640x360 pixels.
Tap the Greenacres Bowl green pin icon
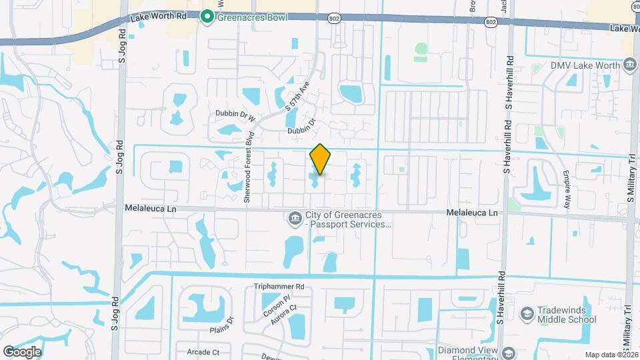[x=207, y=17]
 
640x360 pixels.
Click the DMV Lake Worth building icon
[x=629, y=65]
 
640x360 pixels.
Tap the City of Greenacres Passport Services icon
[x=293, y=218]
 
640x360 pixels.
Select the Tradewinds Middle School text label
[x=566, y=314]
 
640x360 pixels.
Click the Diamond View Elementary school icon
[x=509, y=353]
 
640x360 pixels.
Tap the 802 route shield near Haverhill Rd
[x=491, y=23]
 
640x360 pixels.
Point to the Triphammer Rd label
[x=279, y=287]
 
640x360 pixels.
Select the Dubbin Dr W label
[x=235, y=114]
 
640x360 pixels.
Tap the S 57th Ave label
[x=297, y=96]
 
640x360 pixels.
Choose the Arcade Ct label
[x=203, y=351]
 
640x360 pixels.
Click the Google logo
[x=22, y=351]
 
